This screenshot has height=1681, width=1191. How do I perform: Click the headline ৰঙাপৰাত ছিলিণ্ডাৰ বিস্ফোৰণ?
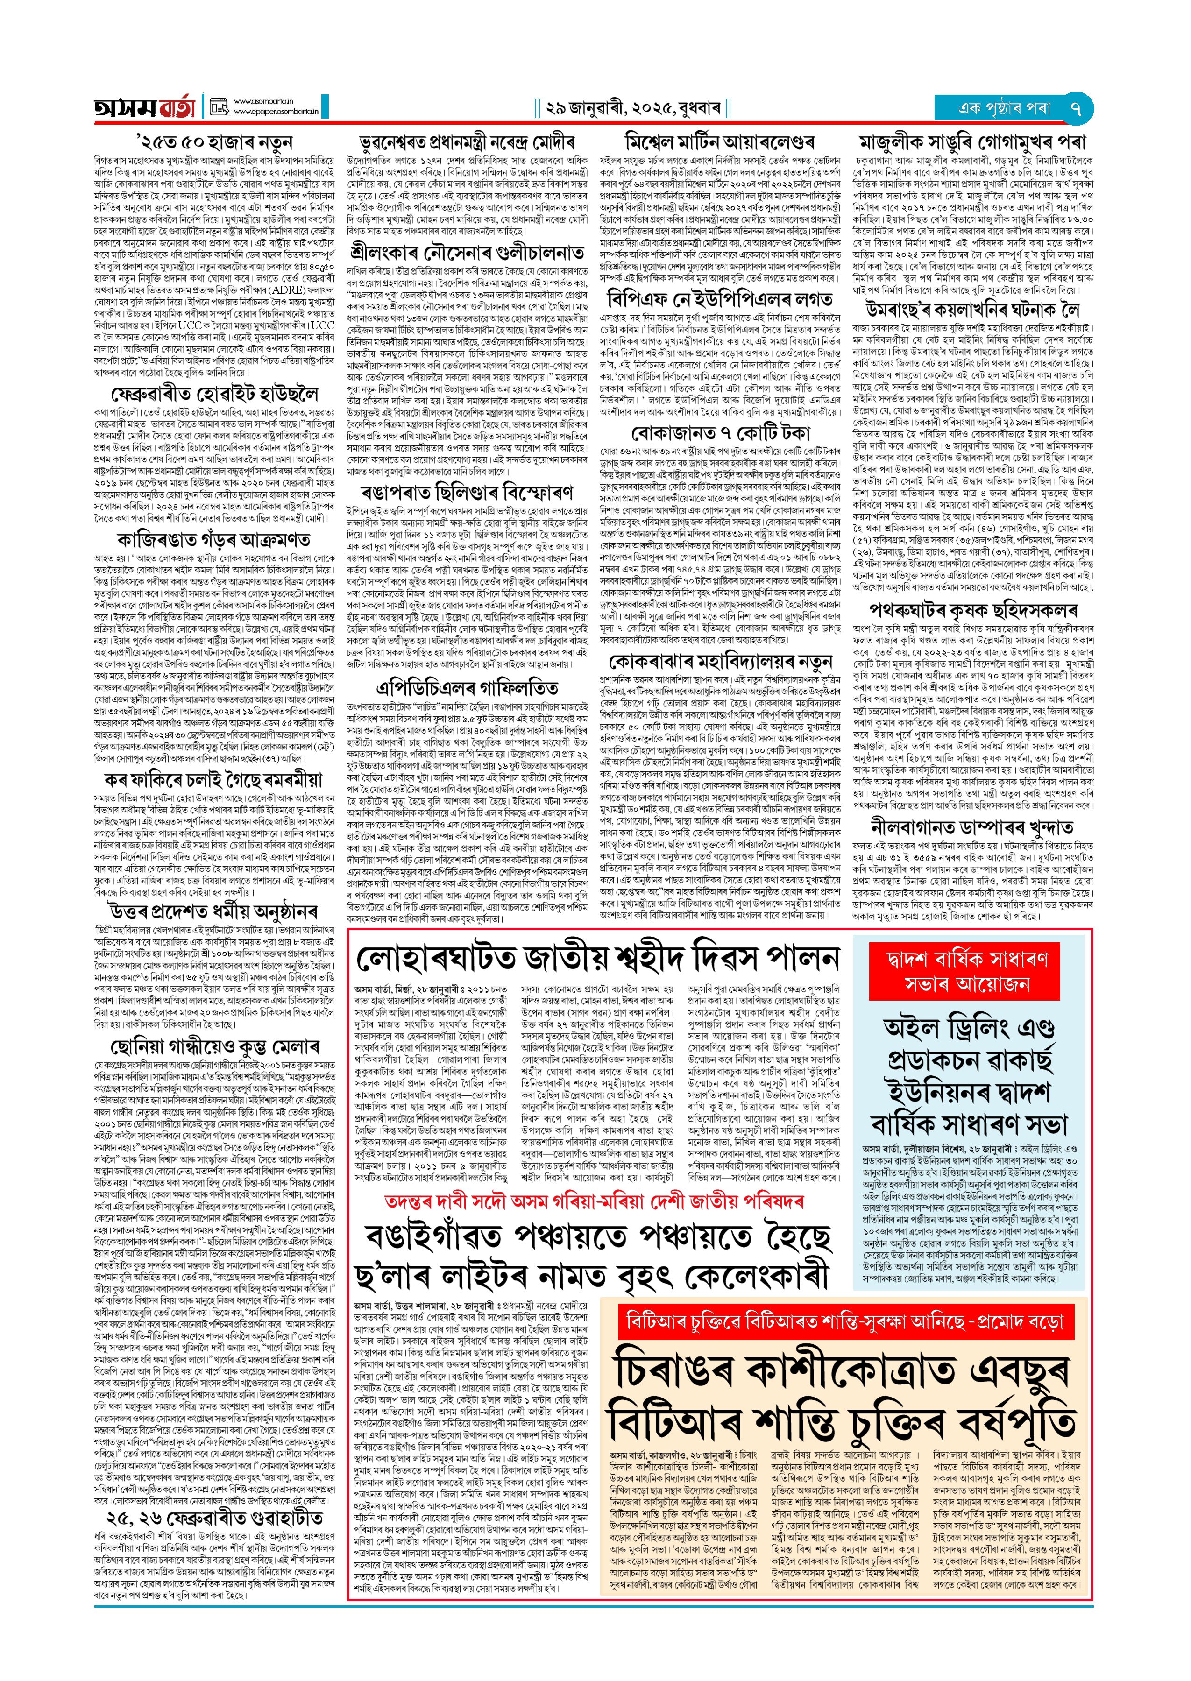pos(467,492)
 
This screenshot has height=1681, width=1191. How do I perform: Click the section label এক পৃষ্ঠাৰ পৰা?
pos(1004,108)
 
